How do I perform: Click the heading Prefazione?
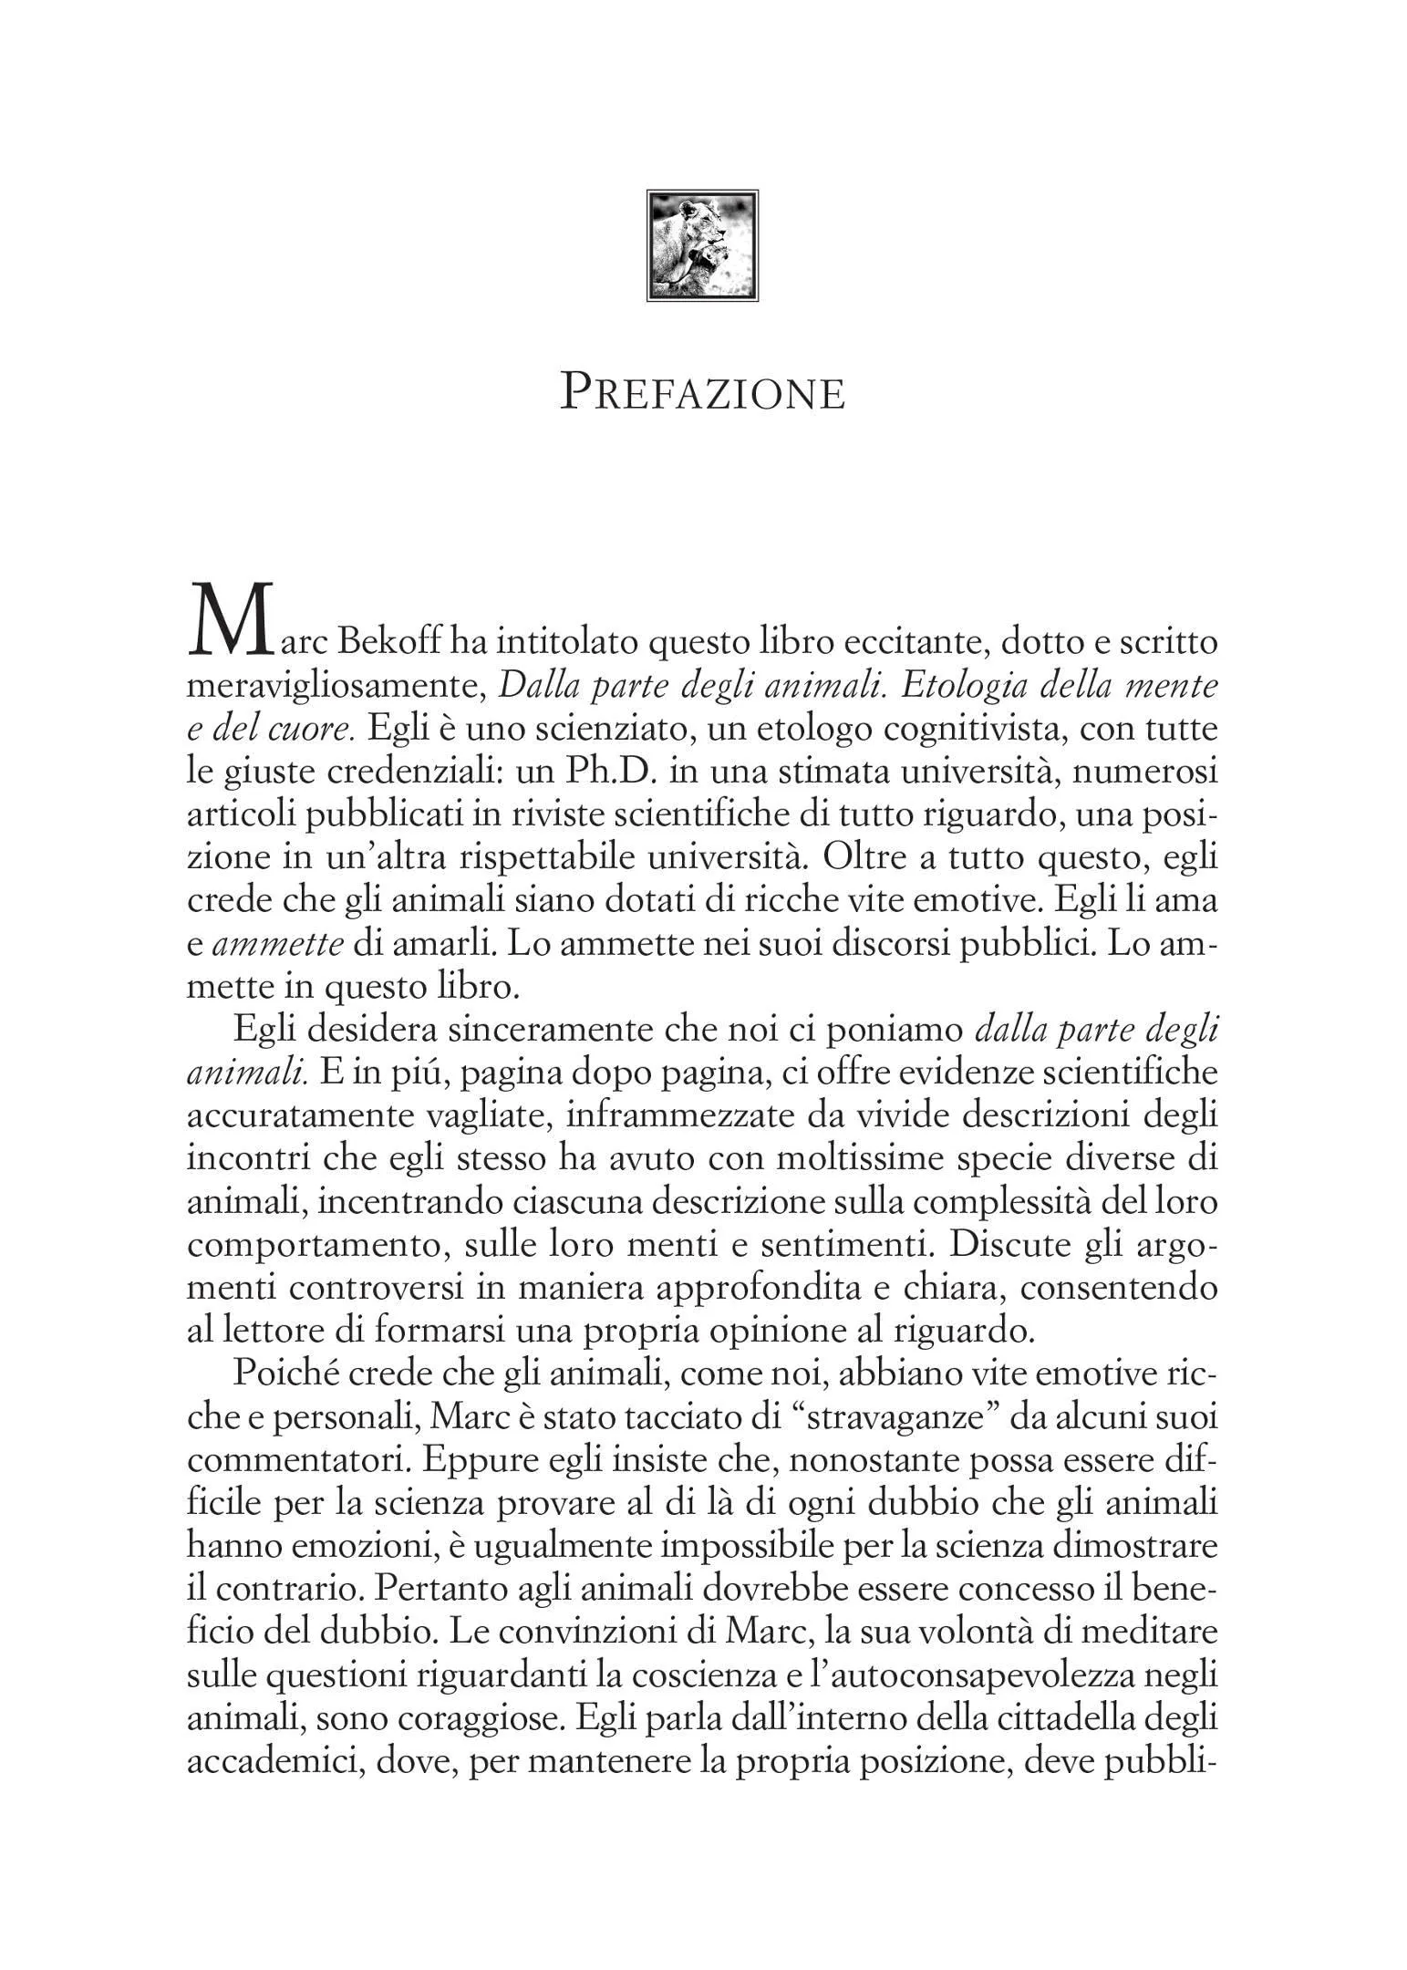(702, 393)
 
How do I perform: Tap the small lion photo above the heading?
(702, 245)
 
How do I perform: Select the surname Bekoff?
(391, 642)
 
